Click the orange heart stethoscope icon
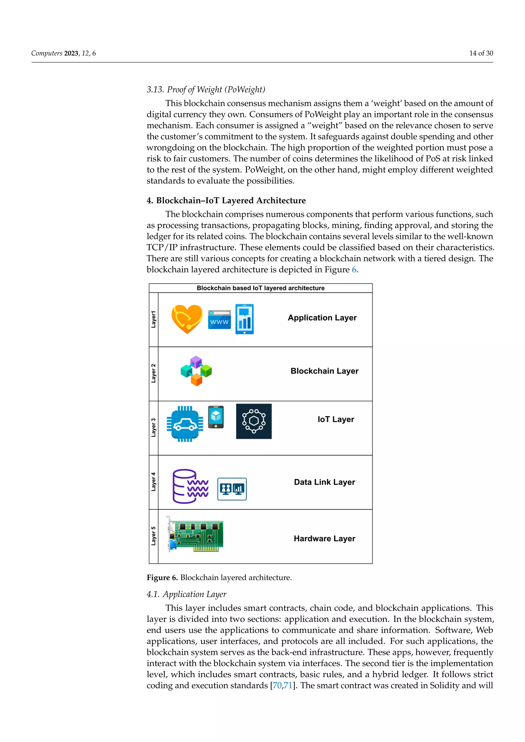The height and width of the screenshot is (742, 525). (187, 319)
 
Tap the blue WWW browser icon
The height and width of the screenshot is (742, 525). (219, 319)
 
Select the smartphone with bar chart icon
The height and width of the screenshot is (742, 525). (244, 319)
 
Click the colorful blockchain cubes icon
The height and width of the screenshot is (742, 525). (196, 371)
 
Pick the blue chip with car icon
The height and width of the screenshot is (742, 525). (185, 424)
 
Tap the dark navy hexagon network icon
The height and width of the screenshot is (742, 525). (254, 421)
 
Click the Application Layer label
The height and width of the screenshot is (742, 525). (322, 318)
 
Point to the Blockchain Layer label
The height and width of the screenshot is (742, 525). (324, 371)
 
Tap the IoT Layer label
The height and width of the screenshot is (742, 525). (336, 419)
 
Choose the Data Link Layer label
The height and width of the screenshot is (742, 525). (324, 482)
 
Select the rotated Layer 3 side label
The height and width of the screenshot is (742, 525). (154, 428)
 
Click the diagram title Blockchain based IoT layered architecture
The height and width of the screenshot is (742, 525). (260, 288)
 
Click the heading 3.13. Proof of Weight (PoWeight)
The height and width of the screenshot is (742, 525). (206, 89)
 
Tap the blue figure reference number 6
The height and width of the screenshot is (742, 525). (354, 270)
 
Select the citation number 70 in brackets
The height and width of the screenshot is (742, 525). (277, 685)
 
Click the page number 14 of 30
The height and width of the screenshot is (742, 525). (481, 53)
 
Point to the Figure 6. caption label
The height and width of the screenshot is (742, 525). (162, 578)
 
